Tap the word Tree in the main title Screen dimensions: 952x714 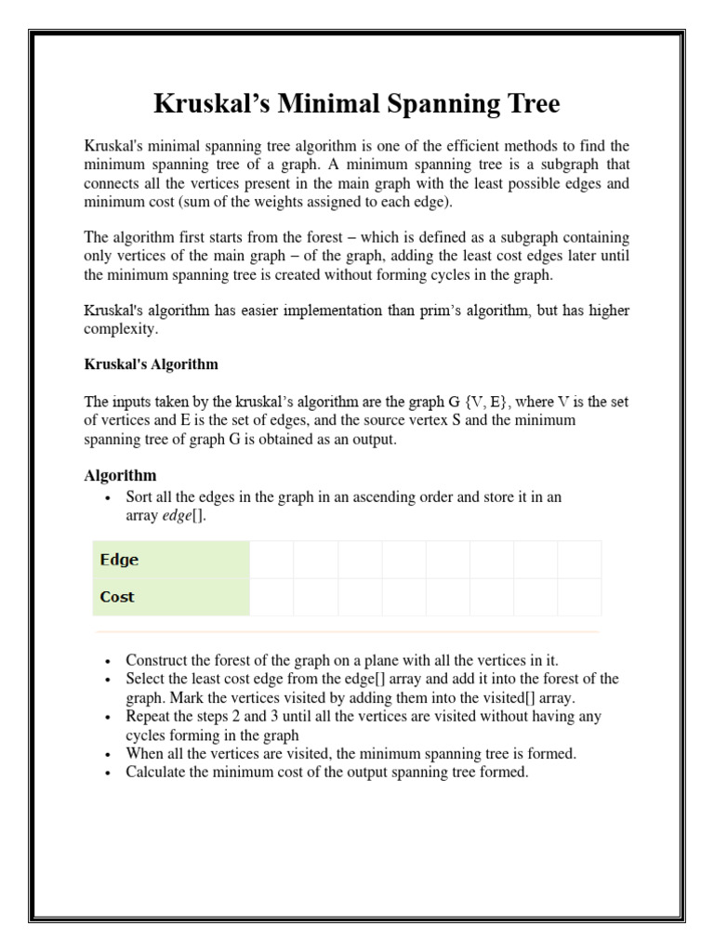[526, 105]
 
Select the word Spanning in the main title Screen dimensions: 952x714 [434, 105]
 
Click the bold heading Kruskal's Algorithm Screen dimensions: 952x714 [151, 364]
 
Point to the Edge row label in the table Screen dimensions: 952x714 [119, 560]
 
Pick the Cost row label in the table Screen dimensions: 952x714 [117, 597]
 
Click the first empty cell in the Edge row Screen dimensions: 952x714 [271, 560]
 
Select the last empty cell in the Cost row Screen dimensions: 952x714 [579, 597]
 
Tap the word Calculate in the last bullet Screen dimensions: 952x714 [157, 773]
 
